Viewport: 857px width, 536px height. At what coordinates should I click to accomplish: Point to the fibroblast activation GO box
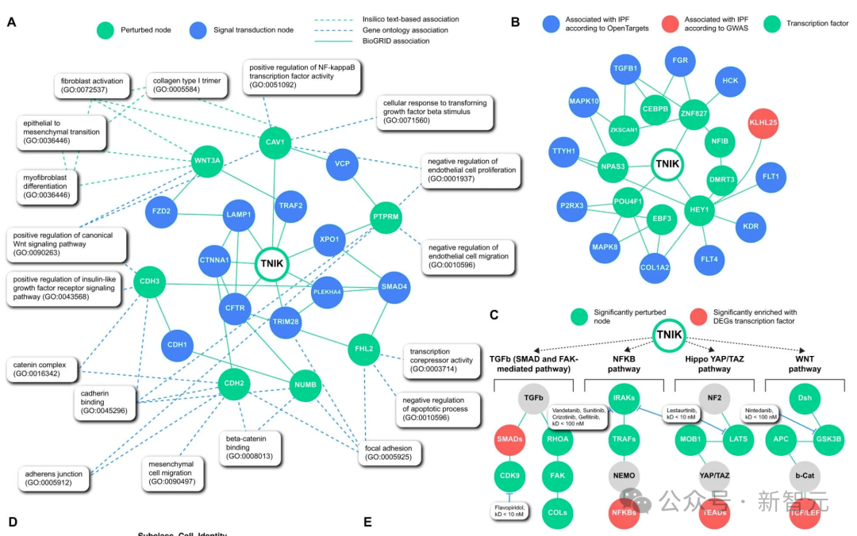[92, 86]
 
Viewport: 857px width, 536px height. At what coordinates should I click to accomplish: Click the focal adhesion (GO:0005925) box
[389, 453]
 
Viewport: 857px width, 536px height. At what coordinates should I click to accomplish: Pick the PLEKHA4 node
[326, 291]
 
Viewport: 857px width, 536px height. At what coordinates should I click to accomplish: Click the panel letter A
[11, 23]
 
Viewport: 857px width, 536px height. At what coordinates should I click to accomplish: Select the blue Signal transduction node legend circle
[198, 30]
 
